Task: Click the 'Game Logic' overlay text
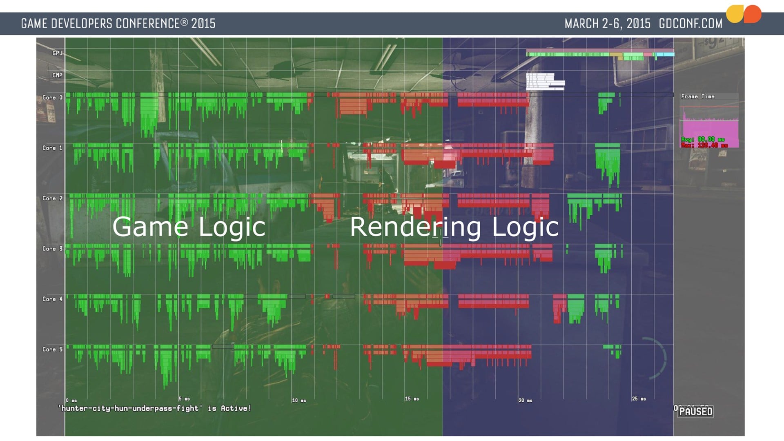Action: (189, 227)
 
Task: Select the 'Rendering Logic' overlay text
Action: (454, 227)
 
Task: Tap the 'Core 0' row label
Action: (52, 98)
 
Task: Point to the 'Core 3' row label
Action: (52, 249)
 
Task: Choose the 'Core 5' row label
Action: (52, 350)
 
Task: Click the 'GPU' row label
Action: (57, 53)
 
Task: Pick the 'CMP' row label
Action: (57, 75)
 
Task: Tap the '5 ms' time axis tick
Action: (184, 399)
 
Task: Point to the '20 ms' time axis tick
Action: (525, 400)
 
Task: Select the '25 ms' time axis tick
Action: (639, 399)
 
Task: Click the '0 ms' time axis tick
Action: (71, 400)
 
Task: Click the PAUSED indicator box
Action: (696, 411)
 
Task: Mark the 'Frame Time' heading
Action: (697, 96)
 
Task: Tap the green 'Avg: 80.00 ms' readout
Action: (703, 139)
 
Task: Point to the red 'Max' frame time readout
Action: (704, 145)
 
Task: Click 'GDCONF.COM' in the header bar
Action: (690, 24)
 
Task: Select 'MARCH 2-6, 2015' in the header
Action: (607, 24)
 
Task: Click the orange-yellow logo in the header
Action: (744, 14)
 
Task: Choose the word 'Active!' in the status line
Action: (236, 408)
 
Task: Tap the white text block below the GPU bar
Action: (545, 82)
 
